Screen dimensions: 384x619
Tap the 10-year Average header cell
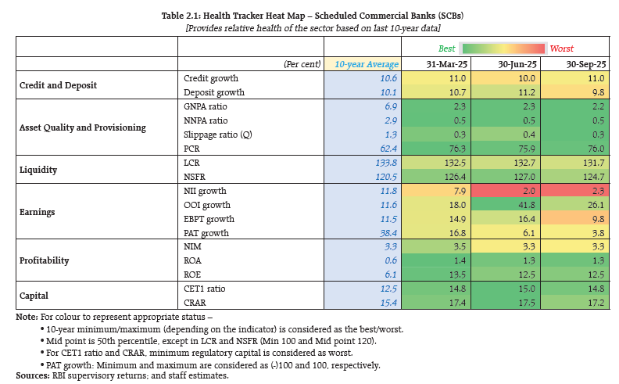tap(367, 63)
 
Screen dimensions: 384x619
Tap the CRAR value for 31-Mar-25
tap(444, 303)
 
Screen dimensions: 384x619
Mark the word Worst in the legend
tap(562, 48)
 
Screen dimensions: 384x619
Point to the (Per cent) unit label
tap(302, 64)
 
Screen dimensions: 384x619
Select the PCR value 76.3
tap(444, 148)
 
